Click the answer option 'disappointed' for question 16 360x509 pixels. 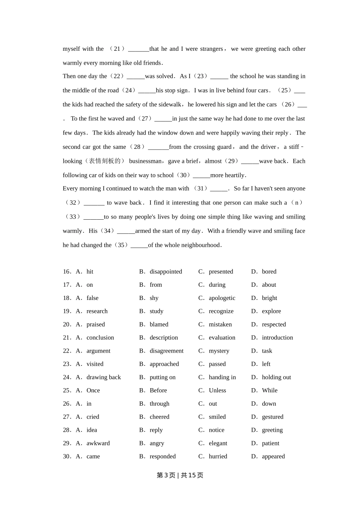[166, 272]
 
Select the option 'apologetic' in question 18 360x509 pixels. [222, 298]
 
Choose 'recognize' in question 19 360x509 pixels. [221, 311]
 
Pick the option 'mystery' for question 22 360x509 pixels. [219, 351]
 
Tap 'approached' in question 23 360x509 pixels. [164, 364]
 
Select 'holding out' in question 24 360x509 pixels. [276, 377]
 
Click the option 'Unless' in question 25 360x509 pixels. [217, 390]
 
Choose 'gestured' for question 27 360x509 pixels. [272, 417]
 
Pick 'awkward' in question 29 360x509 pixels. [98, 443]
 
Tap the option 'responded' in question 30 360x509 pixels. [163, 456]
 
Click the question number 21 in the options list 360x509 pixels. [67, 338]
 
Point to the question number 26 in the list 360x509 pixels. [67, 404]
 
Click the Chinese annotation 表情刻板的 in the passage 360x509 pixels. [104, 161]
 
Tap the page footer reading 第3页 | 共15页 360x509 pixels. [180, 475]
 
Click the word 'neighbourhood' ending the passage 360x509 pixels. [201, 245]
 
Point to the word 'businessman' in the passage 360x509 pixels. [145, 161]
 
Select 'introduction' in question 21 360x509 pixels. [277, 338]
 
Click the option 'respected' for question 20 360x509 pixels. [274, 325]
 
